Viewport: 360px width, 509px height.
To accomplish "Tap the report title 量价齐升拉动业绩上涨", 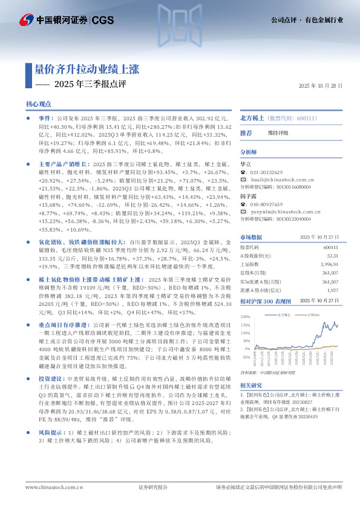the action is [x=87, y=68].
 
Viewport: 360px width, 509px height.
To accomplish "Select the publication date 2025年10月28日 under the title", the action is [x=321, y=86].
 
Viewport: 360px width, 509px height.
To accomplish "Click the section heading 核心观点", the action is [x=39, y=105].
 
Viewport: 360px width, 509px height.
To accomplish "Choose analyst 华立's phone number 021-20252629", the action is [x=268, y=172].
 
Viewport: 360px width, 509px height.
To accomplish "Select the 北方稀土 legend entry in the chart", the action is [x=283, y=315].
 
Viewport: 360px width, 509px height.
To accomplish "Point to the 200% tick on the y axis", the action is [x=246, y=317].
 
